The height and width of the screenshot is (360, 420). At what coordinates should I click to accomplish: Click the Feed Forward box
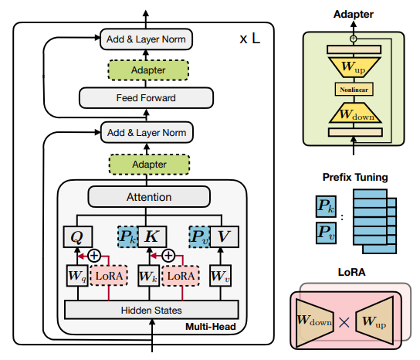click(146, 98)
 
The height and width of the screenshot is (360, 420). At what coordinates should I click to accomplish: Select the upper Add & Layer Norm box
click(146, 39)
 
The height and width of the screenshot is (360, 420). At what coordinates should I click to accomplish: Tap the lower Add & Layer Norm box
click(147, 132)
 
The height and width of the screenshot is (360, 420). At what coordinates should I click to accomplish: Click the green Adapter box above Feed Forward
click(148, 70)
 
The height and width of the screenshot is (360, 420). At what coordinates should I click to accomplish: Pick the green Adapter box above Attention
click(149, 165)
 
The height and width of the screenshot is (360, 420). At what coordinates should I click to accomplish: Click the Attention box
click(149, 197)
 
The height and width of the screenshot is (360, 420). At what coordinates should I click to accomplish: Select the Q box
click(78, 236)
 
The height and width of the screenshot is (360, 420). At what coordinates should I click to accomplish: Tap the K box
click(152, 236)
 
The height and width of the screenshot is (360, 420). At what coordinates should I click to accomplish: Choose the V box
click(224, 236)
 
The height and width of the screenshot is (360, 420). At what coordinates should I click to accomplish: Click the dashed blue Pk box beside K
click(128, 236)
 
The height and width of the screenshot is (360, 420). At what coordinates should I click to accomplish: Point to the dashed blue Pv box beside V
click(199, 236)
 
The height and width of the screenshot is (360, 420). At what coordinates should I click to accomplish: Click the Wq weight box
click(77, 276)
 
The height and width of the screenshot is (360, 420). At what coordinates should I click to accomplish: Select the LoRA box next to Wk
click(181, 276)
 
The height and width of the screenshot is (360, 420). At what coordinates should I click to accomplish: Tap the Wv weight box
click(220, 276)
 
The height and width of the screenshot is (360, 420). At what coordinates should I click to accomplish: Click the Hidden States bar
click(151, 310)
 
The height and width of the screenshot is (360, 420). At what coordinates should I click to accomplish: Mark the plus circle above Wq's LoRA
click(94, 256)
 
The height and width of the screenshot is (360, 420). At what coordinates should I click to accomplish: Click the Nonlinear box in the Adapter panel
click(354, 90)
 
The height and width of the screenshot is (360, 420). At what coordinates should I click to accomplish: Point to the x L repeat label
click(249, 39)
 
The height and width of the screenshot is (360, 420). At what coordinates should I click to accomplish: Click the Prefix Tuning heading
click(355, 177)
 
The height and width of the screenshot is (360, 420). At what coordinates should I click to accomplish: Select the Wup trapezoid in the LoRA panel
click(374, 321)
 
